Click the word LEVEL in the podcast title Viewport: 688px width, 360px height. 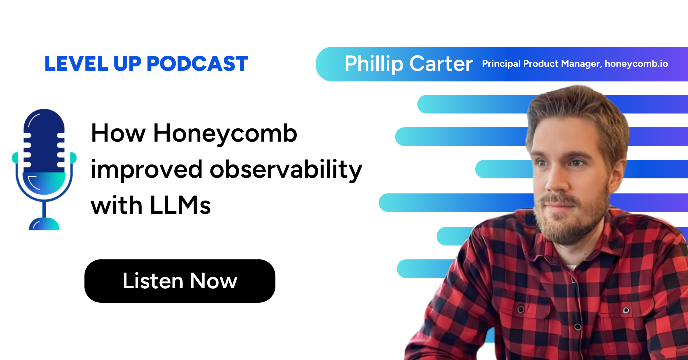[x=76, y=64]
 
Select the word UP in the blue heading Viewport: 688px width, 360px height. [x=127, y=64]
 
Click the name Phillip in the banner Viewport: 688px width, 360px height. [x=374, y=64]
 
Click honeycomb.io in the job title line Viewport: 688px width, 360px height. [x=636, y=64]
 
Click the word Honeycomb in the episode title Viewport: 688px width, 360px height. [x=225, y=134]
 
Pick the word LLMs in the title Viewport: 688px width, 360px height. [x=180, y=205]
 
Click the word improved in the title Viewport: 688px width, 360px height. [x=146, y=170]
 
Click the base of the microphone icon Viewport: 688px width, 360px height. [x=44, y=224]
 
